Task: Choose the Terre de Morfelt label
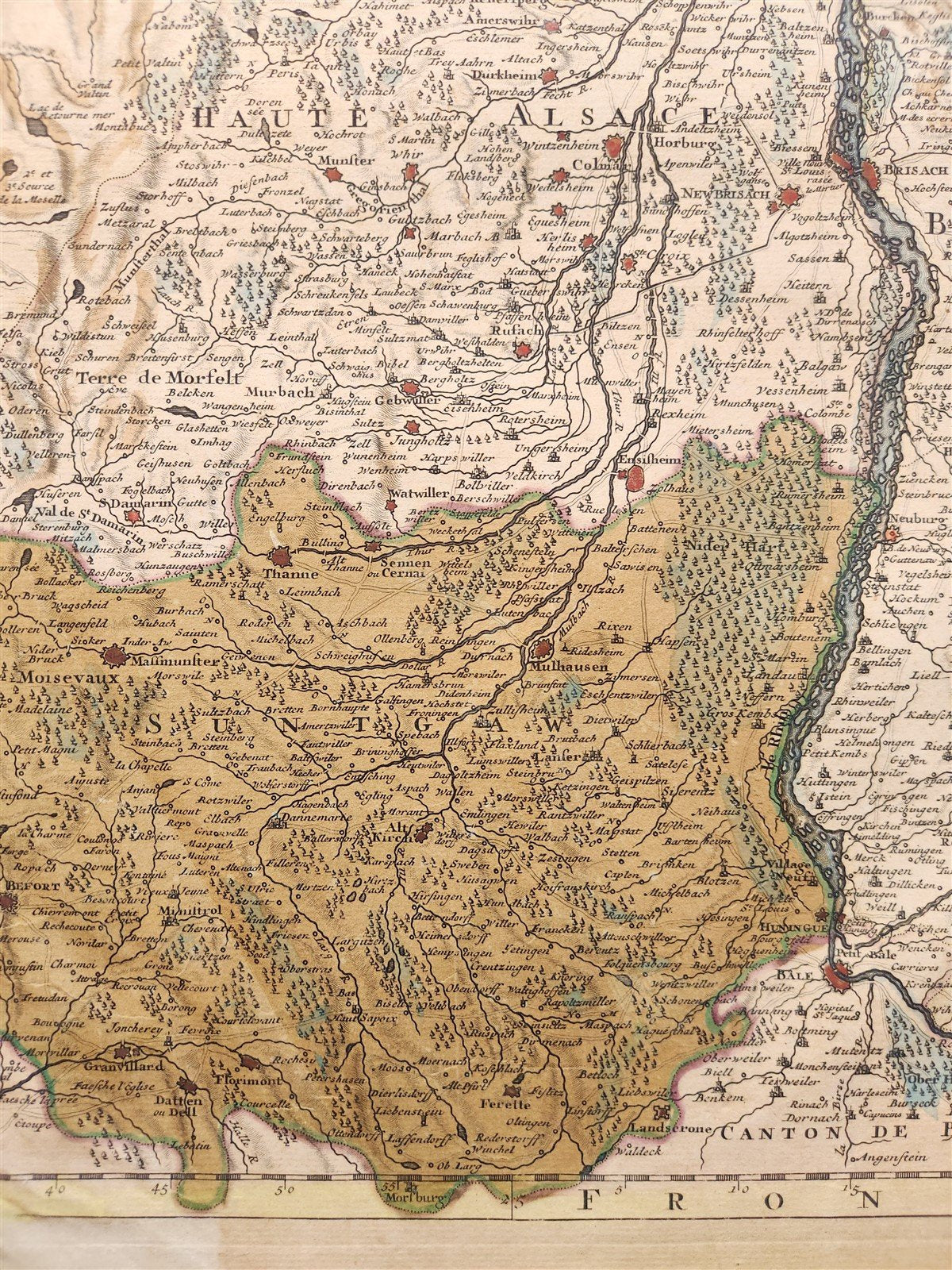pyautogui.click(x=159, y=379)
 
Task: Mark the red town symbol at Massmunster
pyautogui.click(x=115, y=656)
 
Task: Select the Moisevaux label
pyautogui.click(x=60, y=679)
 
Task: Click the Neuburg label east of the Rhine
pyautogui.click(x=912, y=518)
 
